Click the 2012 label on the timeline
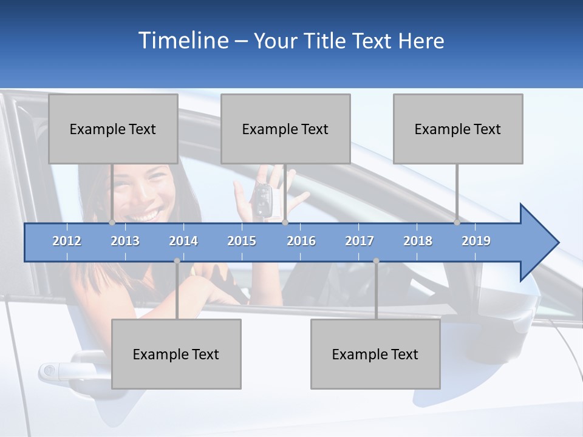[x=67, y=241]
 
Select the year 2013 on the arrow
[x=125, y=241]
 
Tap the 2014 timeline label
[x=183, y=241]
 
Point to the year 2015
[x=242, y=241]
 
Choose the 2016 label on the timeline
[x=301, y=241]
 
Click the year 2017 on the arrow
[x=360, y=241]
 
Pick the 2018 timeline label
[x=418, y=241]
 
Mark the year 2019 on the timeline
[x=476, y=241]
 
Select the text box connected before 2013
[x=112, y=129]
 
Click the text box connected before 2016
[x=285, y=129]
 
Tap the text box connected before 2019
[x=458, y=129]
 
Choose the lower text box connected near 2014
[x=176, y=354]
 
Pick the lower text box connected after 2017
[x=375, y=354]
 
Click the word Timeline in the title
[x=182, y=40]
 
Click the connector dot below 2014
[x=177, y=261]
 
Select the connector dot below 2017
[x=376, y=261]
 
